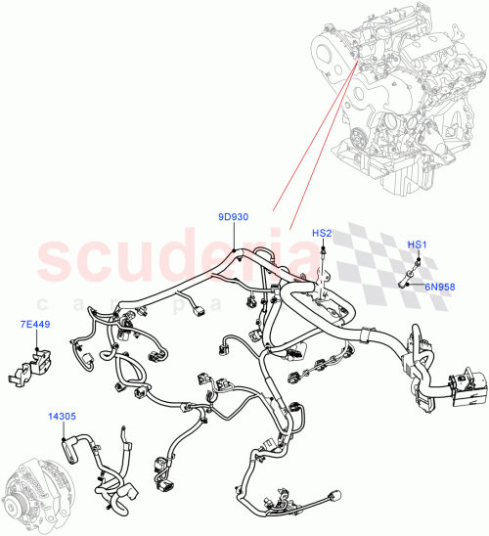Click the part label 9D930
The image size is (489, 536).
[233, 217]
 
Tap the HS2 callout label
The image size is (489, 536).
[322, 233]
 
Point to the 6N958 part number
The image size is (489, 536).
[438, 287]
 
